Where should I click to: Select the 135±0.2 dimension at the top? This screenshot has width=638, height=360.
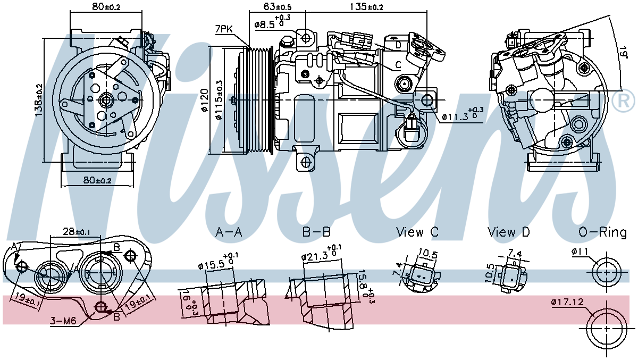tap(365, 7)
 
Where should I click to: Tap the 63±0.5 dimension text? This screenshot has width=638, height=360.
tap(277, 7)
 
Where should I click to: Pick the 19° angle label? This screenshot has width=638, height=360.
tap(623, 51)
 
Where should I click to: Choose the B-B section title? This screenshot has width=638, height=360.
tap(317, 232)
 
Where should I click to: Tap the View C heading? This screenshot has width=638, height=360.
tap(417, 232)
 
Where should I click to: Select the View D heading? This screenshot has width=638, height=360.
tap(509, 232)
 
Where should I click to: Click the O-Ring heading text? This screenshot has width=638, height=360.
tap(602, 232)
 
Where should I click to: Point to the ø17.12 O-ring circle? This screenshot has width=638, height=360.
tap(606, 328)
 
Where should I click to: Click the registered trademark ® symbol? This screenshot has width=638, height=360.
tap(623, 101)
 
